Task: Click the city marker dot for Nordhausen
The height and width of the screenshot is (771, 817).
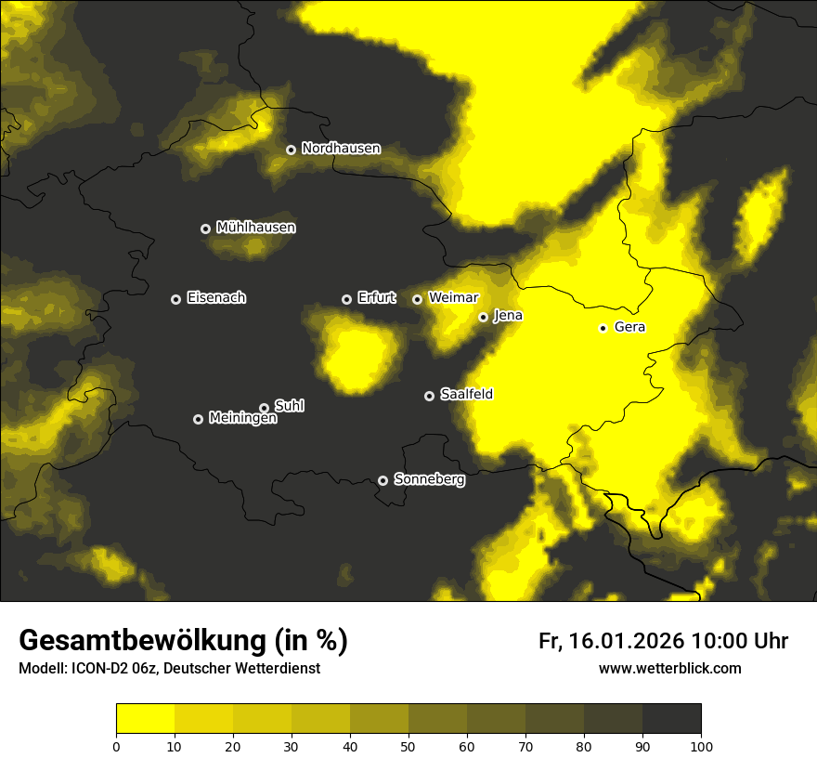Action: click(x=291, y=150)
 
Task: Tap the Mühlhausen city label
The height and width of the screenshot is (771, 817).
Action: click(x=255, y=228)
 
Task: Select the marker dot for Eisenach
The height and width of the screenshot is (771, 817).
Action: click(x=175, y=299)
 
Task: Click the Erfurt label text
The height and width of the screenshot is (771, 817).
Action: click(x=376, y=298)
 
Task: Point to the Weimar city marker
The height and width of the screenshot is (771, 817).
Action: click(x=417, y=299)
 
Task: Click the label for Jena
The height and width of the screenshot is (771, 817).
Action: click(x=508, y=316)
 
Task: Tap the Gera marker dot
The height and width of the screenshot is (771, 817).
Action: click(x=603, y=328)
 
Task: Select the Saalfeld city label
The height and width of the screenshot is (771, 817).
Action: click(x=466, y=395)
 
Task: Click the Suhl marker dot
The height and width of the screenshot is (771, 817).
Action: click(x=264, y=408)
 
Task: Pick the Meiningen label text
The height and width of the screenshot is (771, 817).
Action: click(x=242, y=419)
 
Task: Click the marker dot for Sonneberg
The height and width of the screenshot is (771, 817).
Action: click(x=383, y=480)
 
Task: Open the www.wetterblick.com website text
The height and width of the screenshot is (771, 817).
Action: click(x=669, y=669)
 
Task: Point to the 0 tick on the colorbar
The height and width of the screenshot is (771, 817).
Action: click(x=116, y=745)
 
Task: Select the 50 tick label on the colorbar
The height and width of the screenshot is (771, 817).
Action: click(x=408, y=745)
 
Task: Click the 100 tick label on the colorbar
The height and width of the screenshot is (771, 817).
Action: click(x=701, y=745)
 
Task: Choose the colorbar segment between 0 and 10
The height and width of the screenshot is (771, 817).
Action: click(x=145, y=719)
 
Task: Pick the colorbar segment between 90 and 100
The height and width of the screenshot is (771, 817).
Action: click(x=671, y=719)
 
